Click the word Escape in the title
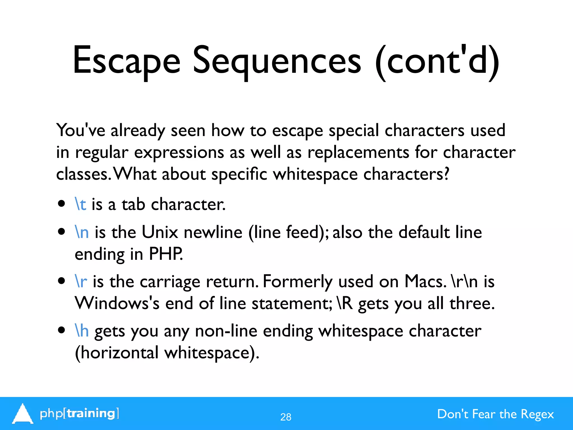(126, 61)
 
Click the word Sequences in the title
(277, 61)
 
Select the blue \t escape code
(80, 204)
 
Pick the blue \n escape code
(82, 232)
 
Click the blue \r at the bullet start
(81, 281)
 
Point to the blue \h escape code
(82, 331)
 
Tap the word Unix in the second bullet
(160, 232)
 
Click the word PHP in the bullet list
(166, 254)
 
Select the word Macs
(425, 281)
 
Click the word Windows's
(117, 303)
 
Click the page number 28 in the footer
(286, 417)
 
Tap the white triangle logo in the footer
(22, 414)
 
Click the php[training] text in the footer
(79, 413)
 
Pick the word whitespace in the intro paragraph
(315, 174)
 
